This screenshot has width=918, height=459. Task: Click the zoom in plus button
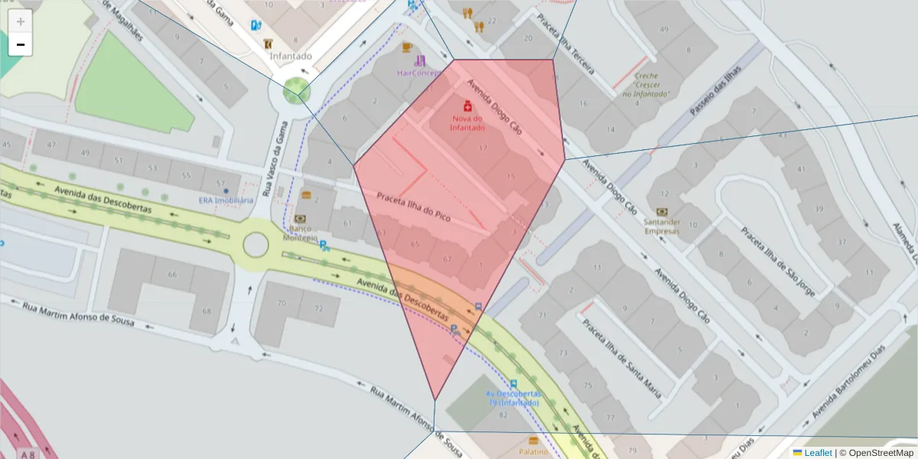pyautogui.click(x=21, y=21)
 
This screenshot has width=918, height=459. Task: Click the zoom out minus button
pyautogui.click(x=21, y=45)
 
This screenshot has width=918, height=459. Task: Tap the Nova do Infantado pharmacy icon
pyautogui.click(x=467, y=106)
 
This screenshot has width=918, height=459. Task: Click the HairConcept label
pyautogui.click(x=418, y=73)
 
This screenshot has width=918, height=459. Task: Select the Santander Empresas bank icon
pyautogui.click(x=662, y=212)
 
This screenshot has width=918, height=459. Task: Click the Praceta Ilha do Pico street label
pyautogui.click(x=413, y=207)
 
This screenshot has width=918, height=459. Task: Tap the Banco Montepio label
pyautogui.click(x=300, y=233)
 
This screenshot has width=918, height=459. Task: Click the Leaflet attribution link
pyautogui.click(x=818, y=453)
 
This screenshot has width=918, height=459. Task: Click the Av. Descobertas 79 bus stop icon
pyautogui.click(x=513, y=384)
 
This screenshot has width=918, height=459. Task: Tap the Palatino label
pyautogui.click(x=533, y=451)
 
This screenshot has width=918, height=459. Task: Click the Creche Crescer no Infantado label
pyautogui.click(x=646, y=85)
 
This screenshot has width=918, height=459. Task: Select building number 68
pyautogui.click(x=207, y=311)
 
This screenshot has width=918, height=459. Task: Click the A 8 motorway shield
pyautogui.click(x=28, y=454)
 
